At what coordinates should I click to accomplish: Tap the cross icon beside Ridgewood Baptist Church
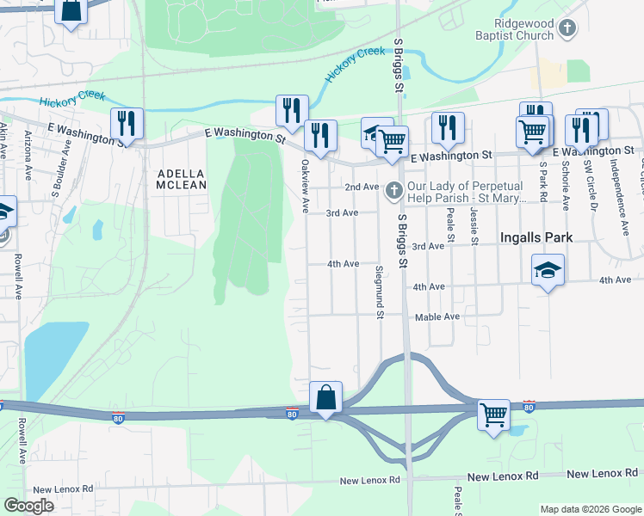pos(567,30)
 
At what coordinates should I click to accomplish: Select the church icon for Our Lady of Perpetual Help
pos(394,189)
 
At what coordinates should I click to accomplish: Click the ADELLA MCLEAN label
pos(182,178)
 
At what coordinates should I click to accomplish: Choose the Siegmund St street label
pos(379,292)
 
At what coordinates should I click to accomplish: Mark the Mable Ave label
pos(437,316)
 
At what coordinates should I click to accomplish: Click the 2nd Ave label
pos(362,187)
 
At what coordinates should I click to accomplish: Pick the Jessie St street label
pos(474,226)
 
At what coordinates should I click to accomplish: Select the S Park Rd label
pos(543,181)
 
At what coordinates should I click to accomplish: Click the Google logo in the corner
pos(28,506)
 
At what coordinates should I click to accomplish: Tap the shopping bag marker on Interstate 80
pos(325,399)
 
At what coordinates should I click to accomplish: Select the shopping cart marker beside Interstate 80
pos(494,416)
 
